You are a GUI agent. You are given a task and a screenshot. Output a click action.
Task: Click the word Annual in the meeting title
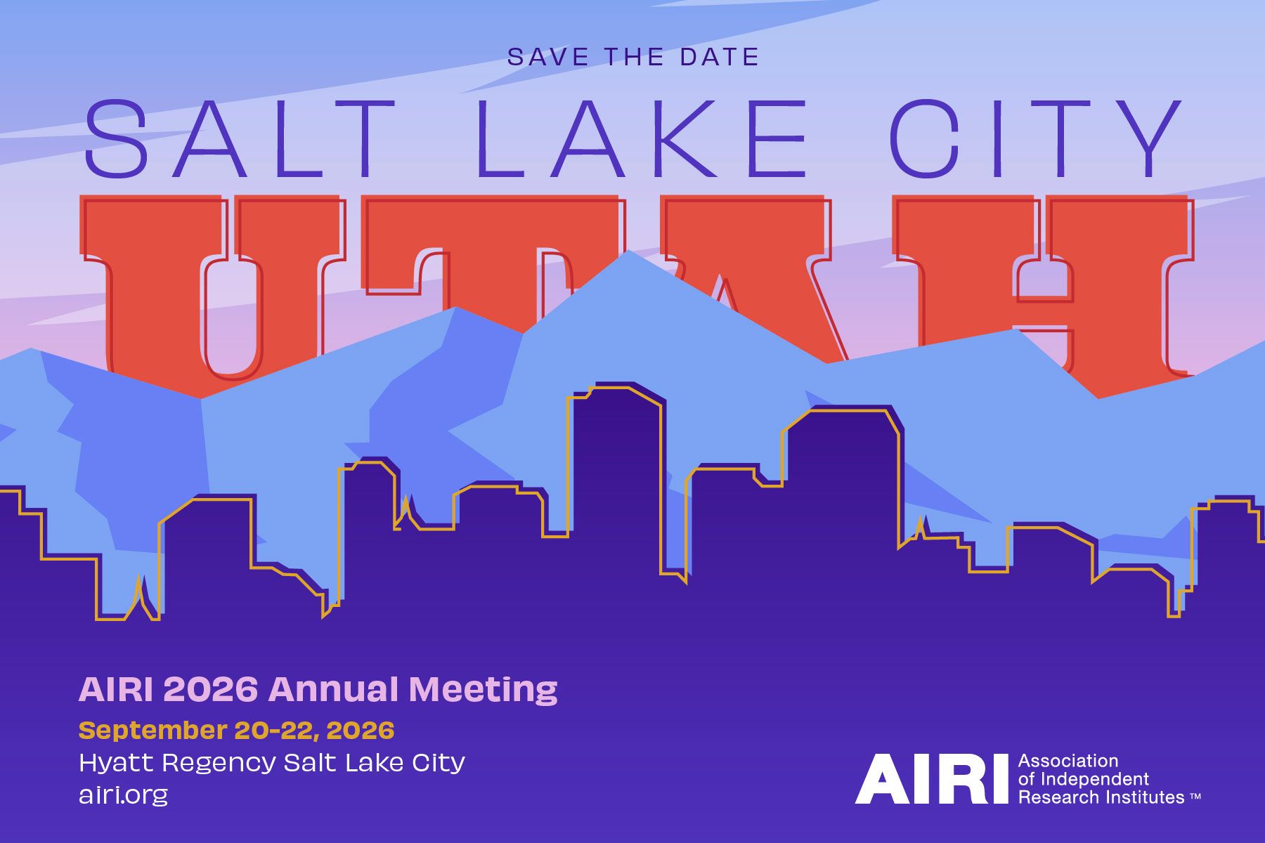333,690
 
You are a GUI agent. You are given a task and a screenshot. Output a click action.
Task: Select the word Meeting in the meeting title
483,690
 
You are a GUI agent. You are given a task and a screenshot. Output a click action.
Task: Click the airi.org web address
124,795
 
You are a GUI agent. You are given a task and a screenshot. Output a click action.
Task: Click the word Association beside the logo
1068,761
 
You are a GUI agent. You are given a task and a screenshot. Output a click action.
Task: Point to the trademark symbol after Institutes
1195,797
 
